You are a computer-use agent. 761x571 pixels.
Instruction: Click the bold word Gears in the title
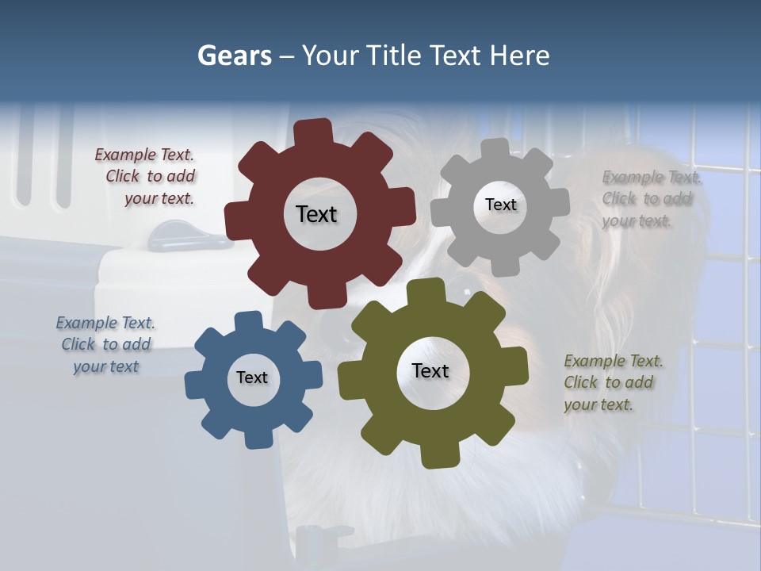[x=235, y=56]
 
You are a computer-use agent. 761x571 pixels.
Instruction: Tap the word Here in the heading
[x=519, y=56]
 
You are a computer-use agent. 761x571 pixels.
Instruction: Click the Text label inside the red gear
[x=316, y=214]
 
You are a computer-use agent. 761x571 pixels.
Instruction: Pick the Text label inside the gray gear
[x=500, y=205]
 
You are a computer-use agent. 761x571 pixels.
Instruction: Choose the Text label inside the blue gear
[x=252, y=377]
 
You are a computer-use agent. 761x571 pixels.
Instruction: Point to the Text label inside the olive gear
[x=430, y=370]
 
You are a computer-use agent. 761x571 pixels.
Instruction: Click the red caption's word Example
[x=124, y=155]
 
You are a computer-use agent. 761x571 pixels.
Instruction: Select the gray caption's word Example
[x=632, y=177]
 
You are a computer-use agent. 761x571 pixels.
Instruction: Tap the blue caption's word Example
[x=85, y=323]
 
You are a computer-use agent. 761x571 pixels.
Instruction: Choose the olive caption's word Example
[x=594, y=361]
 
